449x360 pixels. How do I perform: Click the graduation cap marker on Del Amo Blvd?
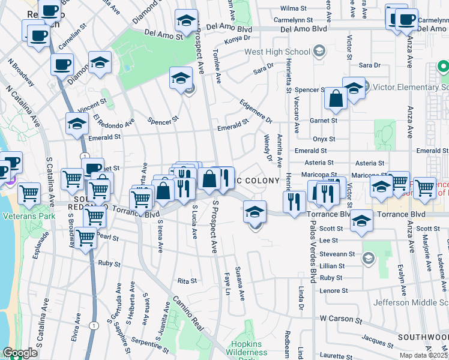click(x=187, y=21)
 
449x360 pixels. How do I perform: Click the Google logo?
click(x=19, y=353)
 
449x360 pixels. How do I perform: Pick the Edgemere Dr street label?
click(x=256, y=110)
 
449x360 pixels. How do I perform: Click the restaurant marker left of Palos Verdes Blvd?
click(x=294, y=201)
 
